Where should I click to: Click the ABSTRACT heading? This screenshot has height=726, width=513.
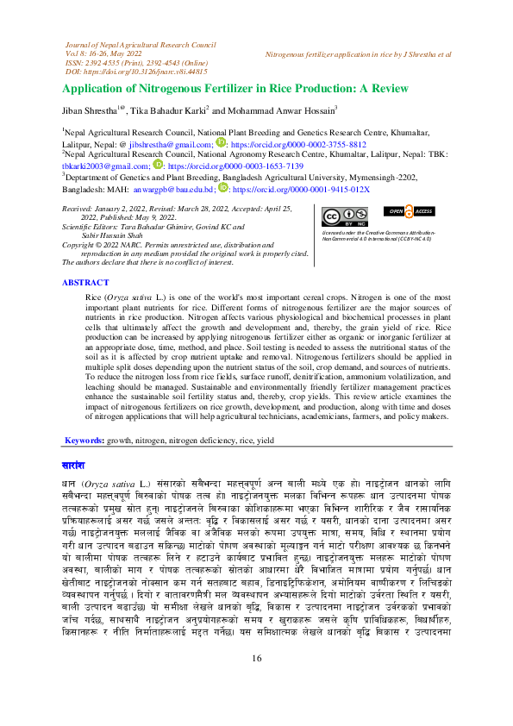click(85, 282)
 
